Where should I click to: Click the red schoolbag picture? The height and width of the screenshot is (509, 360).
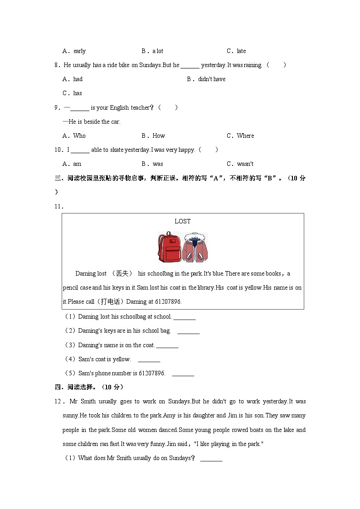pos(169,247)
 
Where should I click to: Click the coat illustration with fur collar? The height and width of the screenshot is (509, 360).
pos(195,247)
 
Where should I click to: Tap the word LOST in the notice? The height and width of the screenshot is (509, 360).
pos(183,221)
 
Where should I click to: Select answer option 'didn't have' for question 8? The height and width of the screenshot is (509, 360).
pos(211,79)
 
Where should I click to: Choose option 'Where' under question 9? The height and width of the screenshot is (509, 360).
pos(245,136)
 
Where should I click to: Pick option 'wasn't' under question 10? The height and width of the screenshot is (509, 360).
pos(245,164)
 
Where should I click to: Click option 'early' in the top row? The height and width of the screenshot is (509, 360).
pos(79,51)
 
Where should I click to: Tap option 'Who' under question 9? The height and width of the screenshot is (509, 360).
pos(79,136)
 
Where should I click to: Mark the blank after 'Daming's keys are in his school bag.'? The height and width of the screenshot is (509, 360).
pos(188,331)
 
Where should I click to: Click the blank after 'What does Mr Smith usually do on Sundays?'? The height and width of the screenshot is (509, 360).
pos(211,458)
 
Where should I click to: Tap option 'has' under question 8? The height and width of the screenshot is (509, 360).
pos(78,93)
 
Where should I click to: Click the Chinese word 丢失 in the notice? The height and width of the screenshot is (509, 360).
pos(122,274)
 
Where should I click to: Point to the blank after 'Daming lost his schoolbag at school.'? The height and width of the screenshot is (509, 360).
pos(184,317)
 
